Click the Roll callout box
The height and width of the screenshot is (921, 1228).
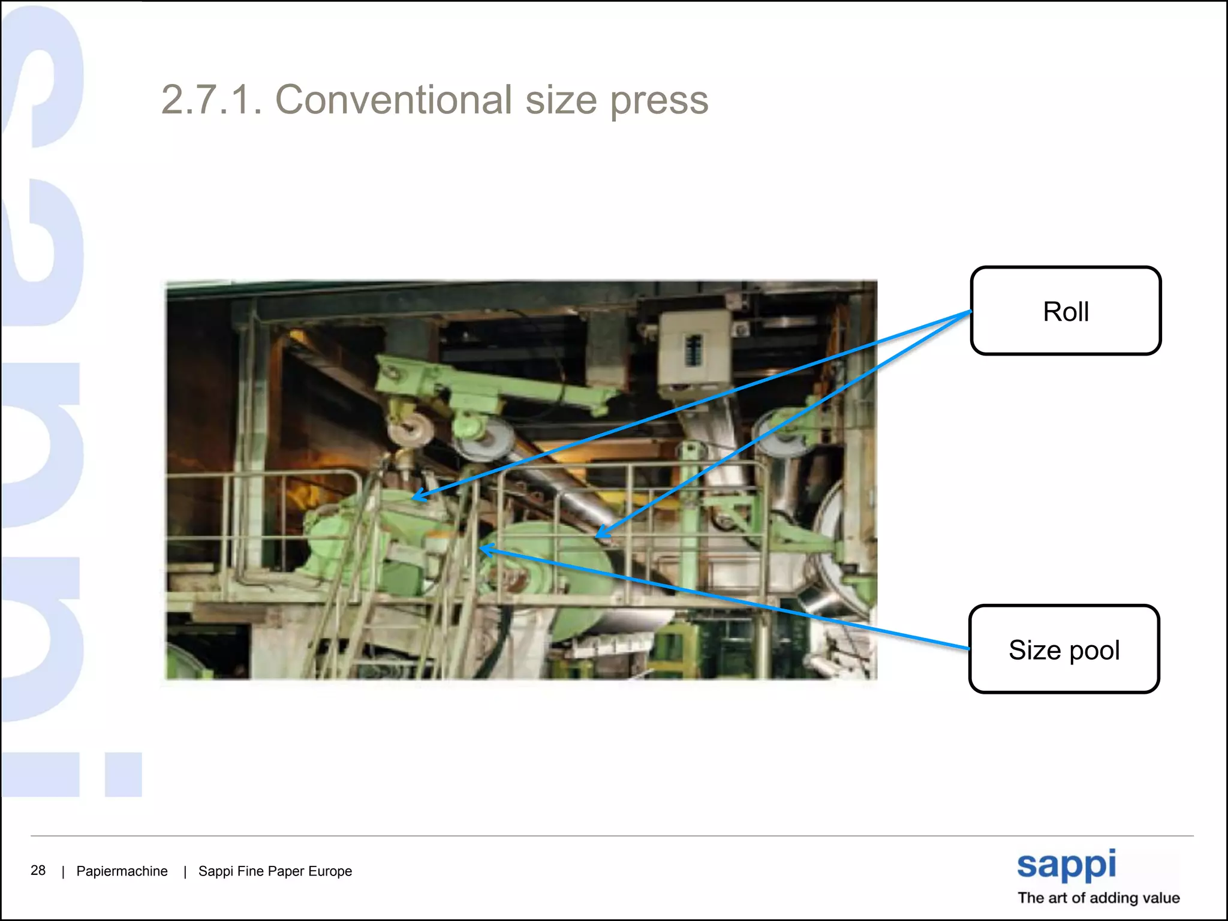click(x=1066, y=311)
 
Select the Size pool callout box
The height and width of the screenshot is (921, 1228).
click(x=1064, y=649)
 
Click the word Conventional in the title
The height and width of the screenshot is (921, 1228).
click(x=393, y=100)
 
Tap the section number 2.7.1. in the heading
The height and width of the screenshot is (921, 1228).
click(x=212, y=100)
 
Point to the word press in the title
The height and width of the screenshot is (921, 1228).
click(x=659, y=101)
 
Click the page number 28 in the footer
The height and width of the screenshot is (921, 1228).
click(x=38, y=870)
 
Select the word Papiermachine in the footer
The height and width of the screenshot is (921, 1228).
click(x=122, y=871)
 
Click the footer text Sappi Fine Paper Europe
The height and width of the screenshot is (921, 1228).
click(x=275, y=871)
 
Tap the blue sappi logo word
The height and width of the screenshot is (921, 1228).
click(x=1066, y=865)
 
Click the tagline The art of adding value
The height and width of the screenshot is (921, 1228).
click(x=1098, y=898)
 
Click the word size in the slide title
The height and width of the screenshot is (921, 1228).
click(x=561, y=100)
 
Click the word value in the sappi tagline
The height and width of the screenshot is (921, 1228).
click(x=1160, y=898)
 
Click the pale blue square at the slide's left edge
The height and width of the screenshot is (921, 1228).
click(x=124, y=775)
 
